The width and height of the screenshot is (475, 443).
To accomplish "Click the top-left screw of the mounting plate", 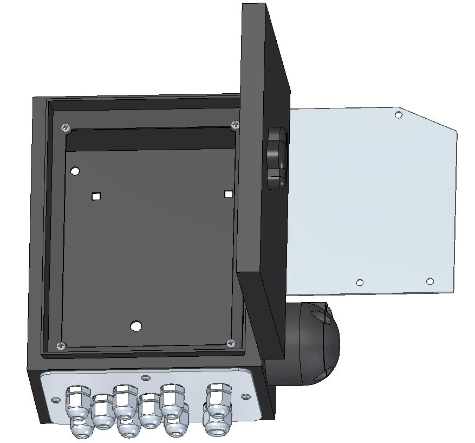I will point(66,128).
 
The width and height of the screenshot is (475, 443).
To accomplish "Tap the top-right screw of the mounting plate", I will point(235,125).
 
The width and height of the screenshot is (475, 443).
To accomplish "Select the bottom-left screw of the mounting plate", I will point(62,345).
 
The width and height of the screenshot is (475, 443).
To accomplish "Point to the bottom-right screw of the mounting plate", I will point(231,343).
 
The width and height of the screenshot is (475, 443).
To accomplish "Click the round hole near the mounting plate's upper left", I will point(75,172).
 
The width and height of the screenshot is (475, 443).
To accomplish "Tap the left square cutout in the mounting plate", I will point(96,196).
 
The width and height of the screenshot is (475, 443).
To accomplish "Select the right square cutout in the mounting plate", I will point(229,194).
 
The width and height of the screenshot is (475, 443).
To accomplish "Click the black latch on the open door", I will point(276,158).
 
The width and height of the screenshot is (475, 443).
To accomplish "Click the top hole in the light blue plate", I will point(398,115).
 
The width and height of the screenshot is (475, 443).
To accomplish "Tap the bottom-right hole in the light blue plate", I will point(430,281).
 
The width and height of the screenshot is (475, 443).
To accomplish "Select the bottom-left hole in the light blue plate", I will point(359,283).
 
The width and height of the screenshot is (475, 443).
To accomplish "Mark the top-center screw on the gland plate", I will point(145,377).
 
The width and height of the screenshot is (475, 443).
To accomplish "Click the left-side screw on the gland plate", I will point(55,400).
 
